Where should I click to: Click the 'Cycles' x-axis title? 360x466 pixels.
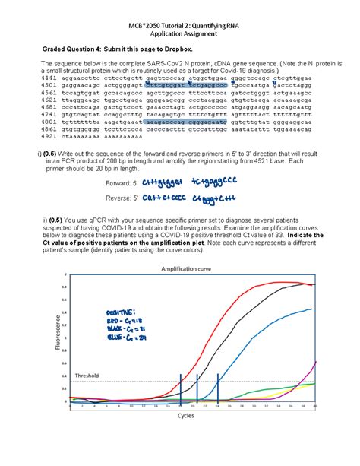pyautogui.click(x=185, y=415)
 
